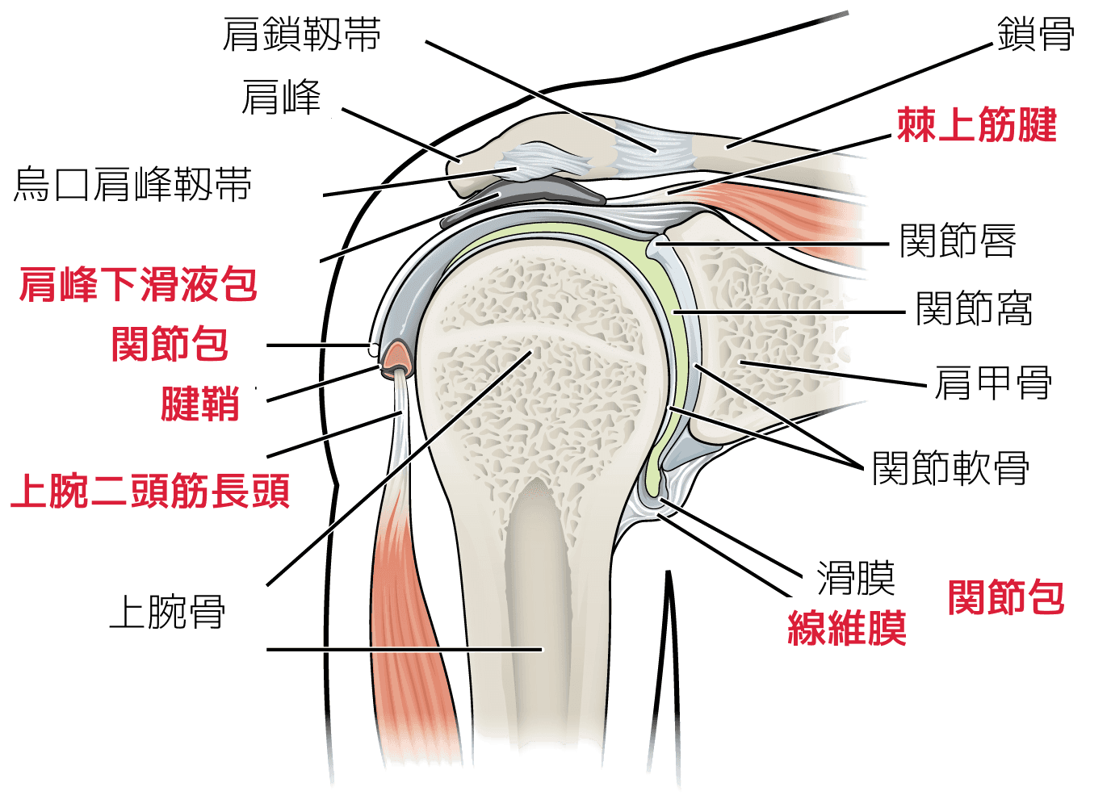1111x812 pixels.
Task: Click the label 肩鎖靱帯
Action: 301,36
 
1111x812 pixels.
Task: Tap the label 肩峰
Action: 281,98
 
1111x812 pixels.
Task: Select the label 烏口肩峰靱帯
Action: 132,185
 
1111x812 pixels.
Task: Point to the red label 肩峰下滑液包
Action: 138,284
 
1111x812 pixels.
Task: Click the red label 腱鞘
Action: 200,404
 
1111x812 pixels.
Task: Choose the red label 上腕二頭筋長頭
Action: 150,491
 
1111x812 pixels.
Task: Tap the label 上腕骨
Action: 167,611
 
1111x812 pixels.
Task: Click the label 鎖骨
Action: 1035,36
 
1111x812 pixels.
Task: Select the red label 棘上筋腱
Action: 977,126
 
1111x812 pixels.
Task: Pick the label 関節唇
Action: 958,241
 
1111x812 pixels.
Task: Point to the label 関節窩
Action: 974,308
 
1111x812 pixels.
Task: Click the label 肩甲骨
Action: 993,382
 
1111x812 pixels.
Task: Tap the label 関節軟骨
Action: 950,467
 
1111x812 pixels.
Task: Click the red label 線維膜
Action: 847,627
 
